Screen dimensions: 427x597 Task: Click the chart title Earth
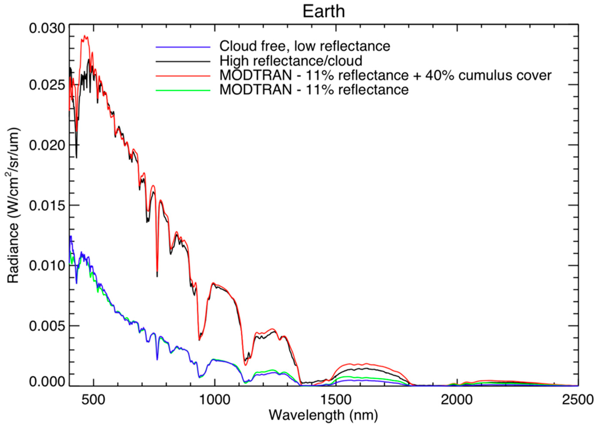click(x=324, y=11)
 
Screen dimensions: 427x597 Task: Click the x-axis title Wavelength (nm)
click(x=324, y=415)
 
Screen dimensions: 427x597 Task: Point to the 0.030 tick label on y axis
click(x=47, y=28)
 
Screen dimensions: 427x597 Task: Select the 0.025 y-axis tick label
click(x=47, y=85)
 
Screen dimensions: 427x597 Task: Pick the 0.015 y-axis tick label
click(x=47, y=205)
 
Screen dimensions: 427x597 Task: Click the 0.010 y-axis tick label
click(x=47, y=266)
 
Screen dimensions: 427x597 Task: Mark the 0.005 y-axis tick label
click(x=47, y=326)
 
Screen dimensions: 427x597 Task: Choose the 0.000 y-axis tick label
click(x=47, y=382)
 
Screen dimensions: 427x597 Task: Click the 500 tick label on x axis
click(x=94, y=400)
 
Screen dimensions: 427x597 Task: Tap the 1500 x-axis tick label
click(x=336, y=400)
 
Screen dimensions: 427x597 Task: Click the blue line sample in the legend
click(x=183, y=47)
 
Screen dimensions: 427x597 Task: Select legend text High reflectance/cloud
click(x=291, y=61)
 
